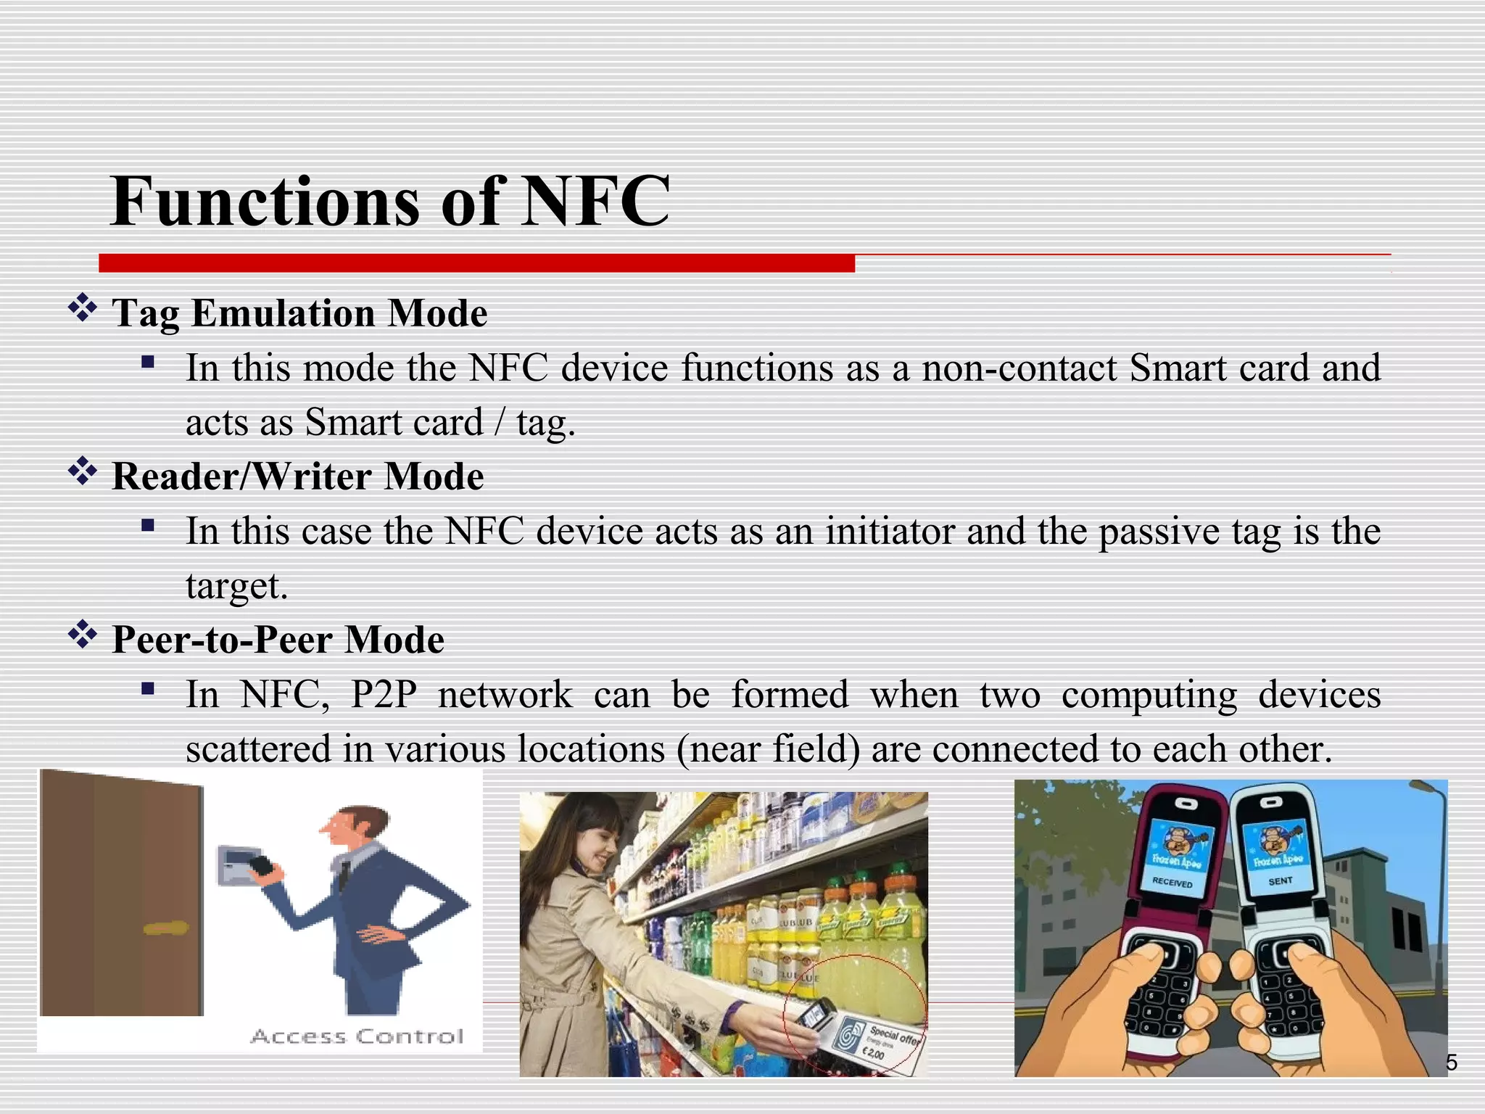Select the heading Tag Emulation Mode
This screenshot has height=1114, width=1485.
click(299, 313)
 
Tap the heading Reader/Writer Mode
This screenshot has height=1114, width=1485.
click(298, 476)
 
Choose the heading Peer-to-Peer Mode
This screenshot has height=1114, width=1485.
click(278, 640)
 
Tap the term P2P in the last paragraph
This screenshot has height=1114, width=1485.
click(384, 694)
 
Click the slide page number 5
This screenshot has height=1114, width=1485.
click(1451, 1063)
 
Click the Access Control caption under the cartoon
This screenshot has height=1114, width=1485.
click(357, 1036)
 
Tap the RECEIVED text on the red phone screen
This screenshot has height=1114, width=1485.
click(1172, 883)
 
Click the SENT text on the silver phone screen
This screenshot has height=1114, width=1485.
click(1280, 880)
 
